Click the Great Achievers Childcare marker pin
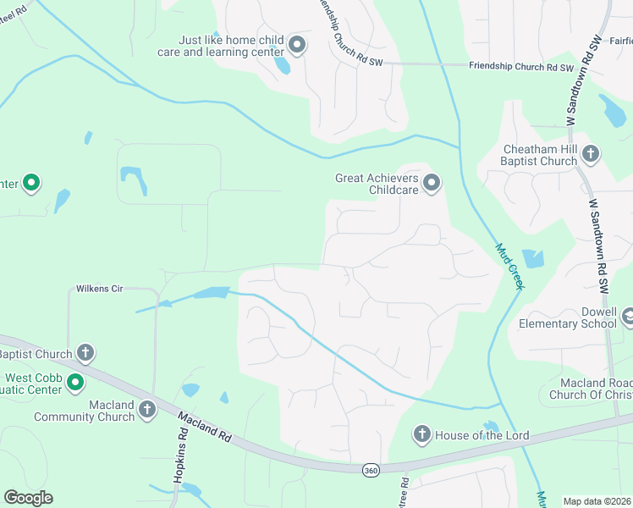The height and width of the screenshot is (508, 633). point(432,183)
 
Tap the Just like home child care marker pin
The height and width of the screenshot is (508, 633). point(296,44)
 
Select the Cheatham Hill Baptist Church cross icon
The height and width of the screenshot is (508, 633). point(591,154)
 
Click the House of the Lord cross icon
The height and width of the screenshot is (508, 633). point(421,435)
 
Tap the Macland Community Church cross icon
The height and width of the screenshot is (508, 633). point(146,411)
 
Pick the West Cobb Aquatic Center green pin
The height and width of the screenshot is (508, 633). point(74,383)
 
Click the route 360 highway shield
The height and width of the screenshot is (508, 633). point(370,470)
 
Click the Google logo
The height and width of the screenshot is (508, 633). point(28,498)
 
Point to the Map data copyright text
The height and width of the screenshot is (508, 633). point(597,501)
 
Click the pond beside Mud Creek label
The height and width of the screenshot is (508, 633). point(534,258)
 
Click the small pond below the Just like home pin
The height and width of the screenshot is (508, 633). point(282,65)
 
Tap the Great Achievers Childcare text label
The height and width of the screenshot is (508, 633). point(376,184)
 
